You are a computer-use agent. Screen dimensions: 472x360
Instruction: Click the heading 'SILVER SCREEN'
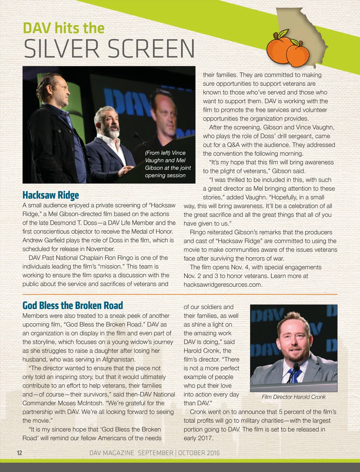click(109, 49)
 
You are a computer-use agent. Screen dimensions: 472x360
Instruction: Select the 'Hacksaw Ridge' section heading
click(51, 195)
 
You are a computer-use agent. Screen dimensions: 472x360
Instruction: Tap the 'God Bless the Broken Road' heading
click(73, 305)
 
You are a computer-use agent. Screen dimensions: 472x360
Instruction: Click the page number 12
click(19, 453)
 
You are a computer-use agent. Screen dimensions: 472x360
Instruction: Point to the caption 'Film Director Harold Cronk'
click(294, 397)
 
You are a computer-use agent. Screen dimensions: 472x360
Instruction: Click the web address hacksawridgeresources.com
click(223, 284)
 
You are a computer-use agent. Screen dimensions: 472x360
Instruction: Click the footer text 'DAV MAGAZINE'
click(111, 453)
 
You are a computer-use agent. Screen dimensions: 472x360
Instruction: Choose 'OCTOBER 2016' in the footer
click(199, 453)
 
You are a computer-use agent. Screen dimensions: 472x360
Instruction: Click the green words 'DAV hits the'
click(64, 28)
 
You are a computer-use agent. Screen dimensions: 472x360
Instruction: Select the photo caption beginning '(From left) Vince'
click(168, 164)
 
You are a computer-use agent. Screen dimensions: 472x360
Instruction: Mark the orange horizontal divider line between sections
click(180, 294)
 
